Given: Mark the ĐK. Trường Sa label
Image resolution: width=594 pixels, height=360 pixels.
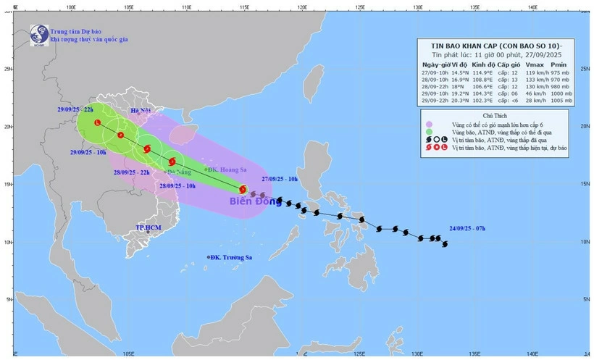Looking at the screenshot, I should (231, 257).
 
